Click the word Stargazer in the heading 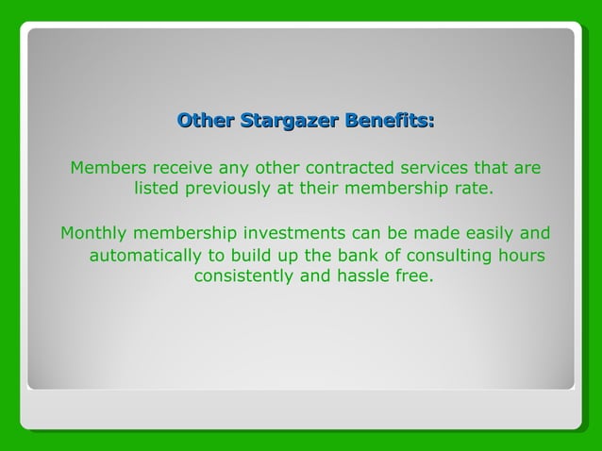[289, 121]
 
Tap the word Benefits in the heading [389, 121]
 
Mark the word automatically [146, 256]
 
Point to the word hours [522, 256]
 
